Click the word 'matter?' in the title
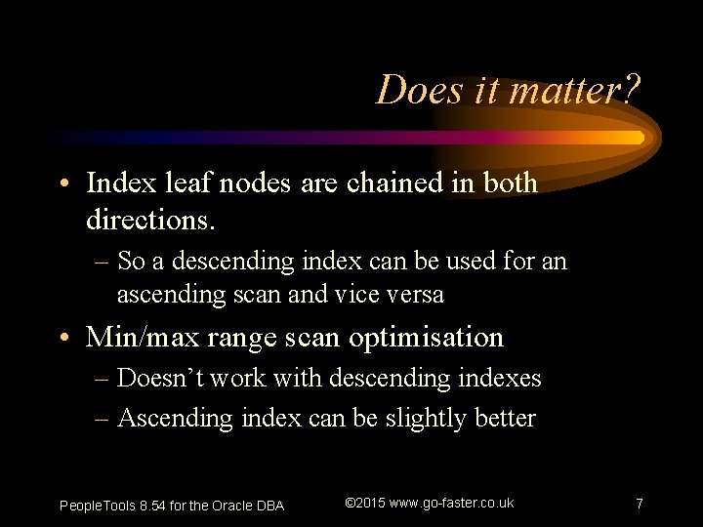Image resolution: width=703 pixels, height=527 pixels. click(x=576, y=91)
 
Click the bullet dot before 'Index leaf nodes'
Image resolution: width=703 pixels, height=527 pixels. click(x=63, y=183)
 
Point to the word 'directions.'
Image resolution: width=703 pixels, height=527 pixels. click(x=150, y=220)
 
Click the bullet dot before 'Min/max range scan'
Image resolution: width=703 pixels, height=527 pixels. click(x=63, y=338)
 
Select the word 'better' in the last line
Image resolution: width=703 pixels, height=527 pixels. click(x=505, y=419)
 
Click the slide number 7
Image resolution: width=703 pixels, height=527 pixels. click(x=639, y=504)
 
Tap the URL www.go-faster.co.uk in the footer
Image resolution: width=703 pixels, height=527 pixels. click(x=451, y=503)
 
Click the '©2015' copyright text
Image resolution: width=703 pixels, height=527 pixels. click(x=365, y=503)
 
